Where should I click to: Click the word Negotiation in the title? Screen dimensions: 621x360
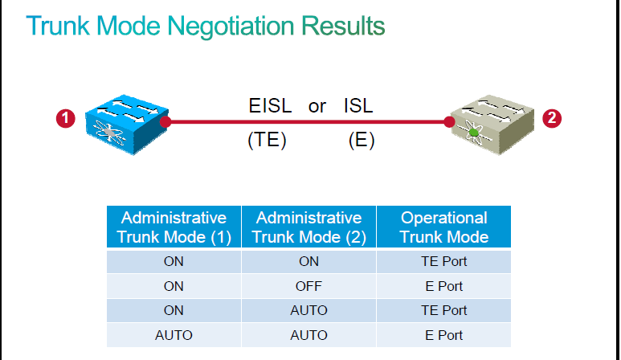pos(231,27)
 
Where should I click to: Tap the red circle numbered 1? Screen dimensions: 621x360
pos(66,118)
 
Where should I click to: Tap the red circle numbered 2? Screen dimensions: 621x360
pos(552,118)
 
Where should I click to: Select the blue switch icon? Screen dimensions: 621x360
pos(127,125)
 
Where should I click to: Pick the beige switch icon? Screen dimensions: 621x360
pos(492,125)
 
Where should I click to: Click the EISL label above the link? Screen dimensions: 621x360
pos(270,106)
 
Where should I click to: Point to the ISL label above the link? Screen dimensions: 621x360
pos(358,106)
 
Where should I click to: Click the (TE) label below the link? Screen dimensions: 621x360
pos(267,140)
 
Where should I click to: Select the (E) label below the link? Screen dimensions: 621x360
pos(362,140)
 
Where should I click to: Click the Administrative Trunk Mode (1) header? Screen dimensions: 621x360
pos(174,227)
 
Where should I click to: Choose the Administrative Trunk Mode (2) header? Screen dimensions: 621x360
pos(309,227)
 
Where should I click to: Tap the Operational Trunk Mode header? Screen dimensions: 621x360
pos(444,227)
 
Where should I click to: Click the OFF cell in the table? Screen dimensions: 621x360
pos(309,286)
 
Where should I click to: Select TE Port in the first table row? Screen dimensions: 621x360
pos(444,261)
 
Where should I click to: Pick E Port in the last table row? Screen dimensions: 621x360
pos(444,335)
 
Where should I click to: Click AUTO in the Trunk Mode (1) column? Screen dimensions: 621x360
pos(174,335)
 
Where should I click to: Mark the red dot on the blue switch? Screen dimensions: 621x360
pos(165,122)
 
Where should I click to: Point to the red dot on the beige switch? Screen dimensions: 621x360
pos(449,122)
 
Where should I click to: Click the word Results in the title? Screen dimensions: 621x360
pos(343,27)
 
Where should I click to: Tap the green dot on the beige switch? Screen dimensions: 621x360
pos(473,133)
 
